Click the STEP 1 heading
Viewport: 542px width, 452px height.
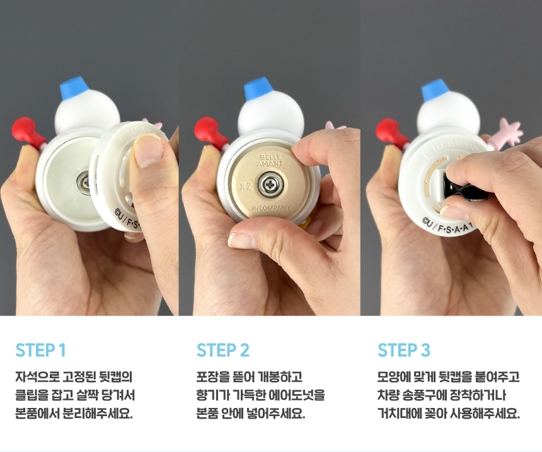(40, 350)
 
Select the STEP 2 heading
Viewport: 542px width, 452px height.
(222, 350)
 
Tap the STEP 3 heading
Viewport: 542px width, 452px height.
(404, 350)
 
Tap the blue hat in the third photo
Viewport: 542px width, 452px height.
(435, 90)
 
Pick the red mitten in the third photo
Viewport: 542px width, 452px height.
(391, 132)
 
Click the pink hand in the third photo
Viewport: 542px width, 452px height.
(507, 133)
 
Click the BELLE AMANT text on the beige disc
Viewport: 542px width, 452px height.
(270, 160)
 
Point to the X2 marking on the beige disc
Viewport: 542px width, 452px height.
(245, 186)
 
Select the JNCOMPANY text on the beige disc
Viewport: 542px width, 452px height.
(272, 208)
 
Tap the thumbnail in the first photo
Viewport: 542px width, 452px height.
(148, 151)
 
